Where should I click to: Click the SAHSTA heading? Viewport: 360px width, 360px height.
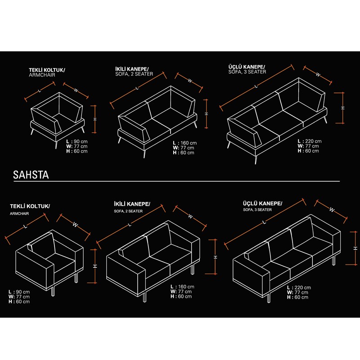point(31,175)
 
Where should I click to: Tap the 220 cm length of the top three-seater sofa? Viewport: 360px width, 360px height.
point(313,141)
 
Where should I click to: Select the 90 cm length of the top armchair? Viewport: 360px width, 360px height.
point(81,141)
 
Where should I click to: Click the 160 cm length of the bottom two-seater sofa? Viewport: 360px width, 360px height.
point(186,287)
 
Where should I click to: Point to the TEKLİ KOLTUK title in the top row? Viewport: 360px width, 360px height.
point(47,70)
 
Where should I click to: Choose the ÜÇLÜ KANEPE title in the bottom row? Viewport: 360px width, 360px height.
point(263,203)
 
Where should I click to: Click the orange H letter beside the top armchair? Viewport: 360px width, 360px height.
point(95,119)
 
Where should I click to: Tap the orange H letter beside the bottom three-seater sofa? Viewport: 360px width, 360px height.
point(355,248)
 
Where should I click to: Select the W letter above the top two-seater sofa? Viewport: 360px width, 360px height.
point(190,81)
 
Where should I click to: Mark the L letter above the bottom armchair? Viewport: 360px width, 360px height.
point(25,227)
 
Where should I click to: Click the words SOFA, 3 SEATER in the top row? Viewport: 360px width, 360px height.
point(247,72)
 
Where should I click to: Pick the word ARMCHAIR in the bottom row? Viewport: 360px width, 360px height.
point(19,213)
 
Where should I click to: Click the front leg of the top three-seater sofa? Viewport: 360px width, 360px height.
point(256,160)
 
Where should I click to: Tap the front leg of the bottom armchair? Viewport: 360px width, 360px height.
point(53,292)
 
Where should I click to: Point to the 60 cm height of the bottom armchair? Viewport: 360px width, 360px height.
point(23,301)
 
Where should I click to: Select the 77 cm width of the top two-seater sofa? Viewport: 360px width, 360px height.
point(187,148)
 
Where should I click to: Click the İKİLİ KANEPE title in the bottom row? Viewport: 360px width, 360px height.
point(132,204)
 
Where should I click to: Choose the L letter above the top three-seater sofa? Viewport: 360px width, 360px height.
point(256,86)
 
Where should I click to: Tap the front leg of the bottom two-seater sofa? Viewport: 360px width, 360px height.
point(144,297)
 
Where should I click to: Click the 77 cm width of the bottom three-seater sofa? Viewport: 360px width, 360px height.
point(301,292)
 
